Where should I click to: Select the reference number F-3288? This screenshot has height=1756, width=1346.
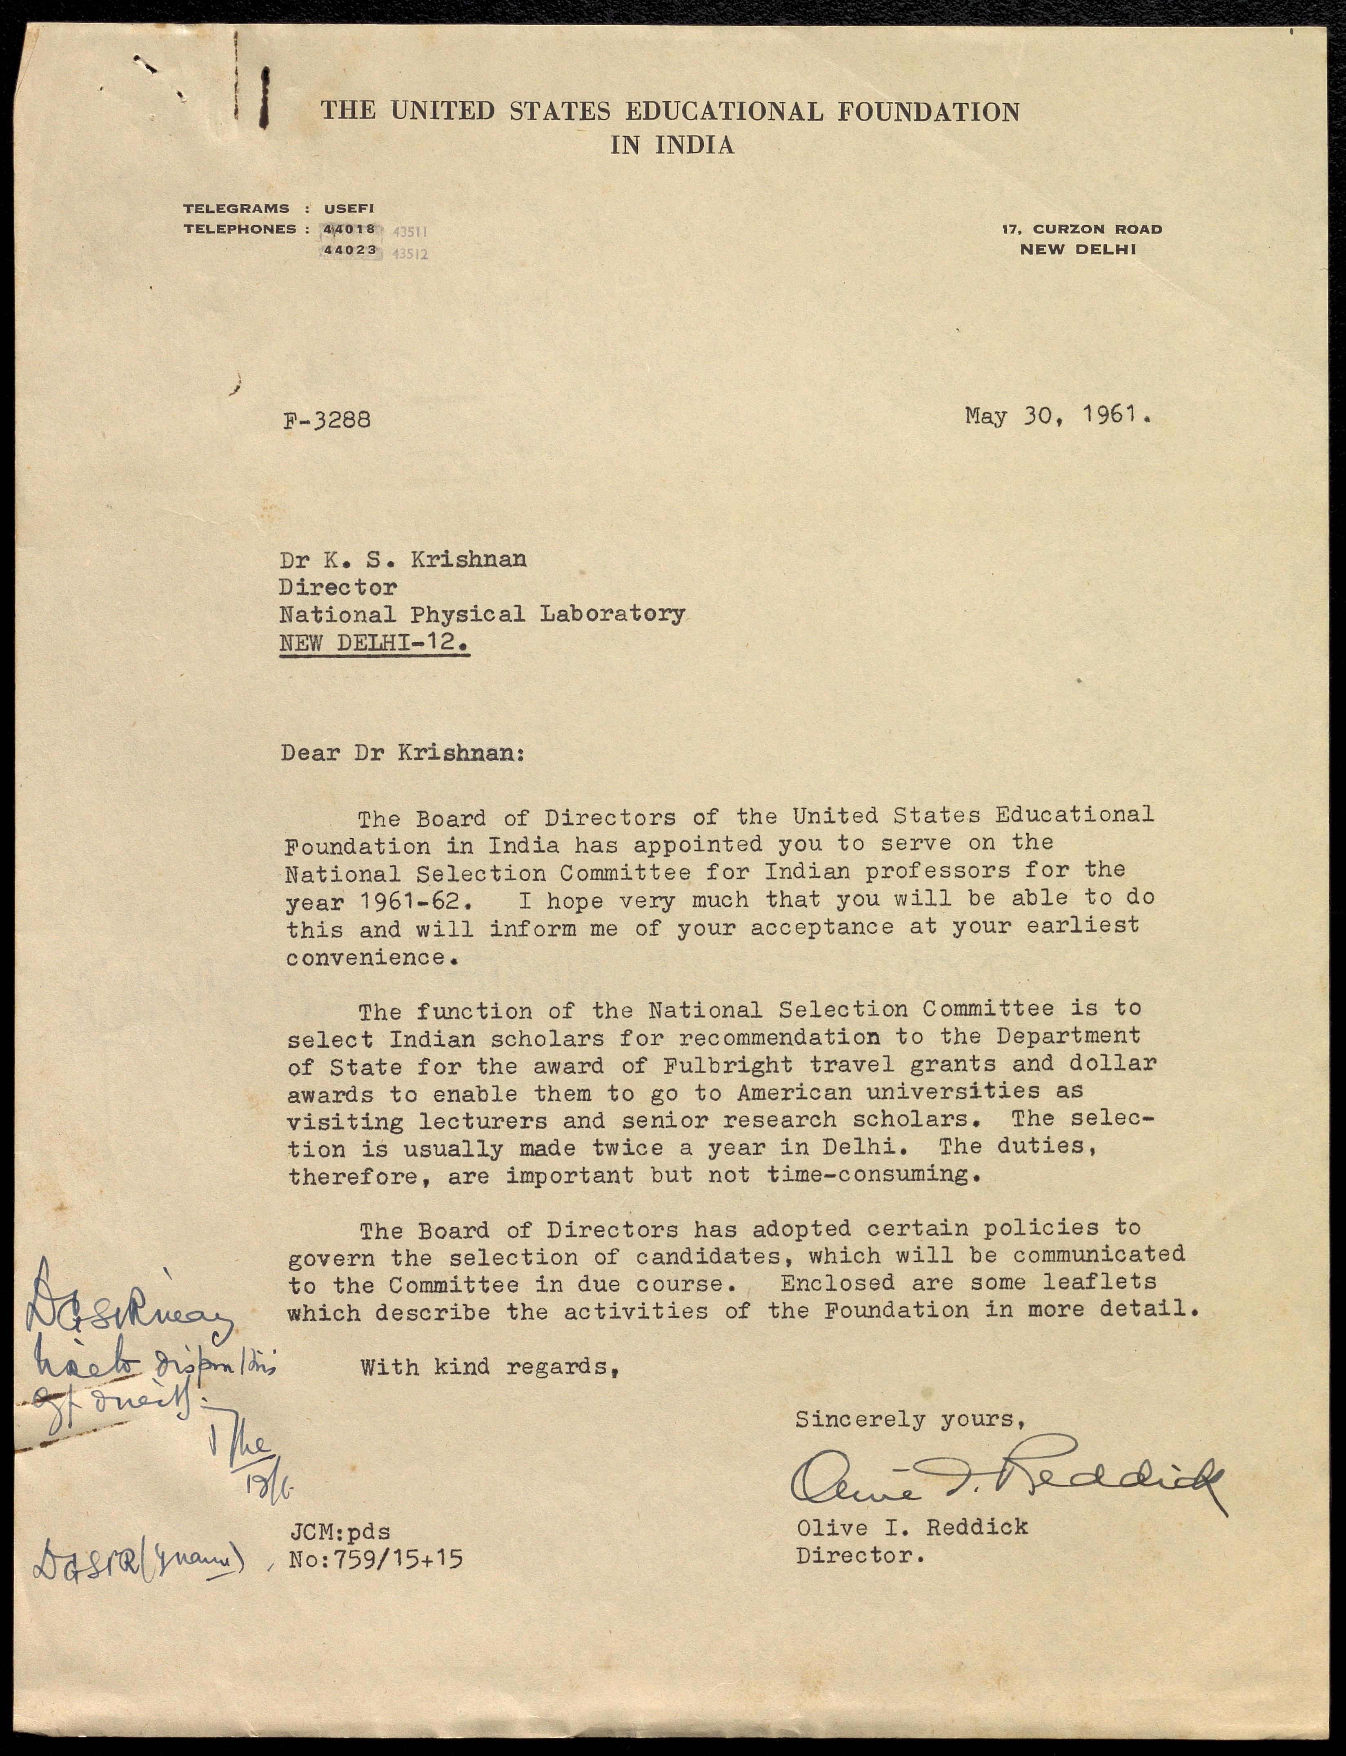(x=327, y=420)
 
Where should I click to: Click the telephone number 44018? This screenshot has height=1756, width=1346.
(x=349, y=229)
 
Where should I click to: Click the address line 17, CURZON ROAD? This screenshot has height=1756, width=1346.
(x=1081, y=229)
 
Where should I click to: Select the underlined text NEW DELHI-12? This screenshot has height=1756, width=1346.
(x=374, y=643)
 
